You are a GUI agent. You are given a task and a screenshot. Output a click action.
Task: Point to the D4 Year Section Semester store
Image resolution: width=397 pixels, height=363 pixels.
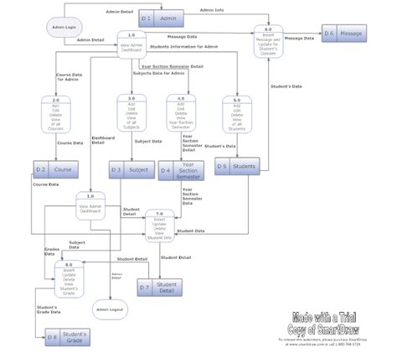(180, 170)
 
